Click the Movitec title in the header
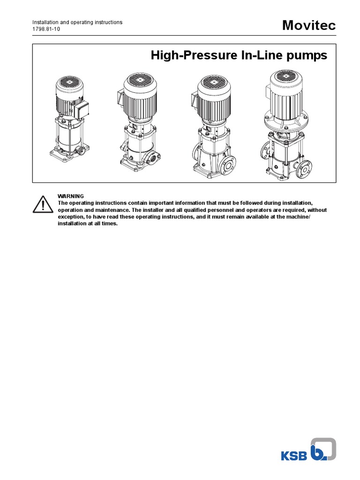(309, 25)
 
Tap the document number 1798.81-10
(46, 29)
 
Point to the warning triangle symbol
(43, 204)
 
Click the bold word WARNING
(71, 196)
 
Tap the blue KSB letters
(294, 456)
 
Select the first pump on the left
(70, 118)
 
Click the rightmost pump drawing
(286, 126)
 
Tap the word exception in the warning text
(70, 217)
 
